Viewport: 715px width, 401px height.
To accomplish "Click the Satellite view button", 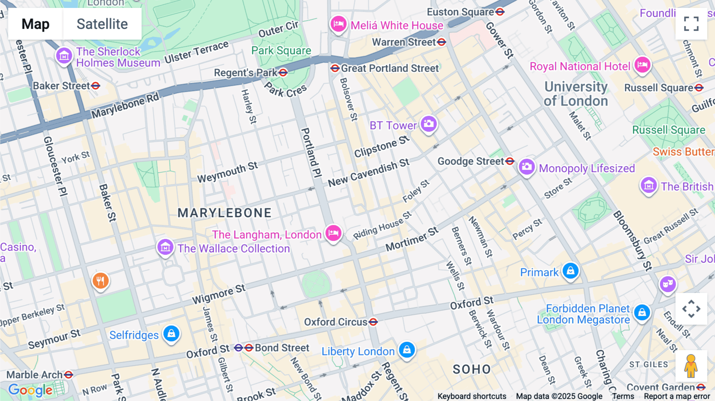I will pos(102,24).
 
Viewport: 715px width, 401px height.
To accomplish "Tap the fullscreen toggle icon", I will pos(691,24).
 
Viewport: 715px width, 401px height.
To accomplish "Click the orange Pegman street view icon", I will pos(691,366).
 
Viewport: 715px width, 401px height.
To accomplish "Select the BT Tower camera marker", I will pos(429,124).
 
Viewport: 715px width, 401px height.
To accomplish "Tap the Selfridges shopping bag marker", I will pos(171,334).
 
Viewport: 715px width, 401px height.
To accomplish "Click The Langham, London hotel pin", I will pos(333,233).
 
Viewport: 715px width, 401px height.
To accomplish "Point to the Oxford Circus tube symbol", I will pos(373,322).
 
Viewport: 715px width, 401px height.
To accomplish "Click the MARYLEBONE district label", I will pos(224,213).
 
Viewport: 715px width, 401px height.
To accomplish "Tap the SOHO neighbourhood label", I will pos(472,370).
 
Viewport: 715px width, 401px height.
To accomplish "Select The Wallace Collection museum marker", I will pos(165,247).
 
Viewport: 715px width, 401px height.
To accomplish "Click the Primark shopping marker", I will pos(570,271).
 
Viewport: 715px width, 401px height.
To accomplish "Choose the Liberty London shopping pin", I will pos(407,350).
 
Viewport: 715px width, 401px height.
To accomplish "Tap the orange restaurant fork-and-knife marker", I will pos(100,281).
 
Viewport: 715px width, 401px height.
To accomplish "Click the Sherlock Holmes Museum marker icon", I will pos(64,56).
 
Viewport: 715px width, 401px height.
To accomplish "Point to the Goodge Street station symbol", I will pos(510,161).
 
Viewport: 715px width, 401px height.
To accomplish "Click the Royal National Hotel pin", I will pos(642,65).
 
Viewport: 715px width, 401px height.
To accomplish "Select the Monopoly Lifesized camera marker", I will pos(527,167).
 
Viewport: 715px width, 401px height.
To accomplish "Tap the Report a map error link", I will pos(677,396).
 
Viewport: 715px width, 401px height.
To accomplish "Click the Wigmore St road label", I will pos(219,294).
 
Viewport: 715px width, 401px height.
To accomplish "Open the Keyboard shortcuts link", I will pos(472,396).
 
